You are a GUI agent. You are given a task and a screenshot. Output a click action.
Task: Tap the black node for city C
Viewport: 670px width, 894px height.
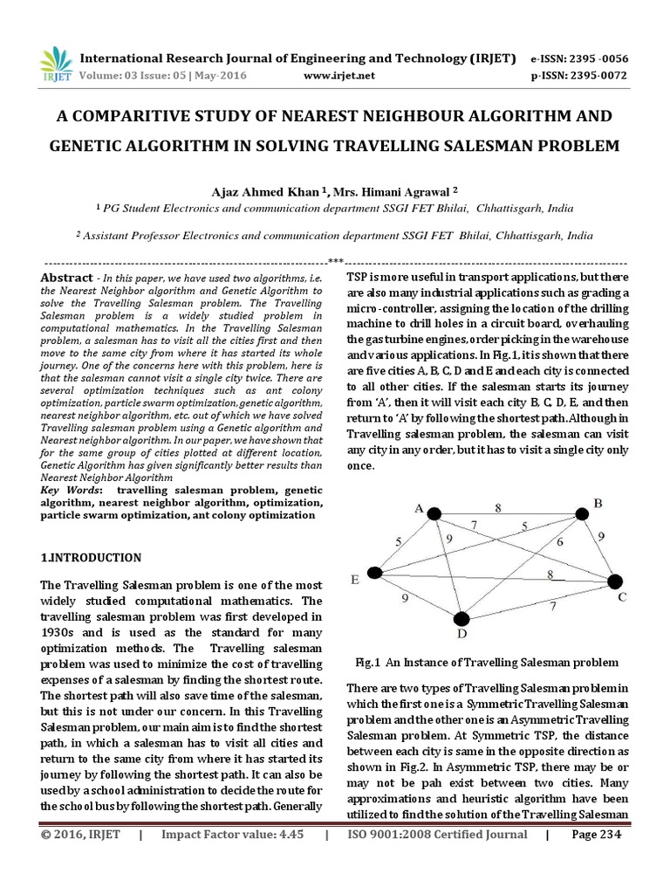(x=615, y=581)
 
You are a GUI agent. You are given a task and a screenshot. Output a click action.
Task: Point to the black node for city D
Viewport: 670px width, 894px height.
(x=461, y=618)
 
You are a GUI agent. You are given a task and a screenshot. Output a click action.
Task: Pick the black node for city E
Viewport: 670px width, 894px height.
(x=375, y=573)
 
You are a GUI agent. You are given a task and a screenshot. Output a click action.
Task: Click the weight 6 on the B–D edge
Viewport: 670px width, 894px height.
(x=560, y=542)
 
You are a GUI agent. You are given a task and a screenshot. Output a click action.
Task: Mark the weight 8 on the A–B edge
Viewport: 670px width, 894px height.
(x=498, y=507)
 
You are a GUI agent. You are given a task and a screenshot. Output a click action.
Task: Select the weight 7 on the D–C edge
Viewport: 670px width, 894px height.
(x=551, y=605)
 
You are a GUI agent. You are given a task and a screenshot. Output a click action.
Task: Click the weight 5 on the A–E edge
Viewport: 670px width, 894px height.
(x=398, y=541)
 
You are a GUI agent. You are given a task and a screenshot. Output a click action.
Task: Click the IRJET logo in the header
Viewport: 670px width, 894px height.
(x=55, y=65)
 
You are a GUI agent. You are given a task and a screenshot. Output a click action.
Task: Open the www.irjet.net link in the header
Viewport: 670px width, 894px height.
(x=339, y=76)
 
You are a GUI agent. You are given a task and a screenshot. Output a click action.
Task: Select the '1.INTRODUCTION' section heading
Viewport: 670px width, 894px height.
(x=91, y=557)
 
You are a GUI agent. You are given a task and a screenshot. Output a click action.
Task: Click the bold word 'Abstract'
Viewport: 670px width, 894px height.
(x=67, y=277)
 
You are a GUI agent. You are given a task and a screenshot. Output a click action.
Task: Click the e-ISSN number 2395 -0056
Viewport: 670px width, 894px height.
(x=596, y=58)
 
